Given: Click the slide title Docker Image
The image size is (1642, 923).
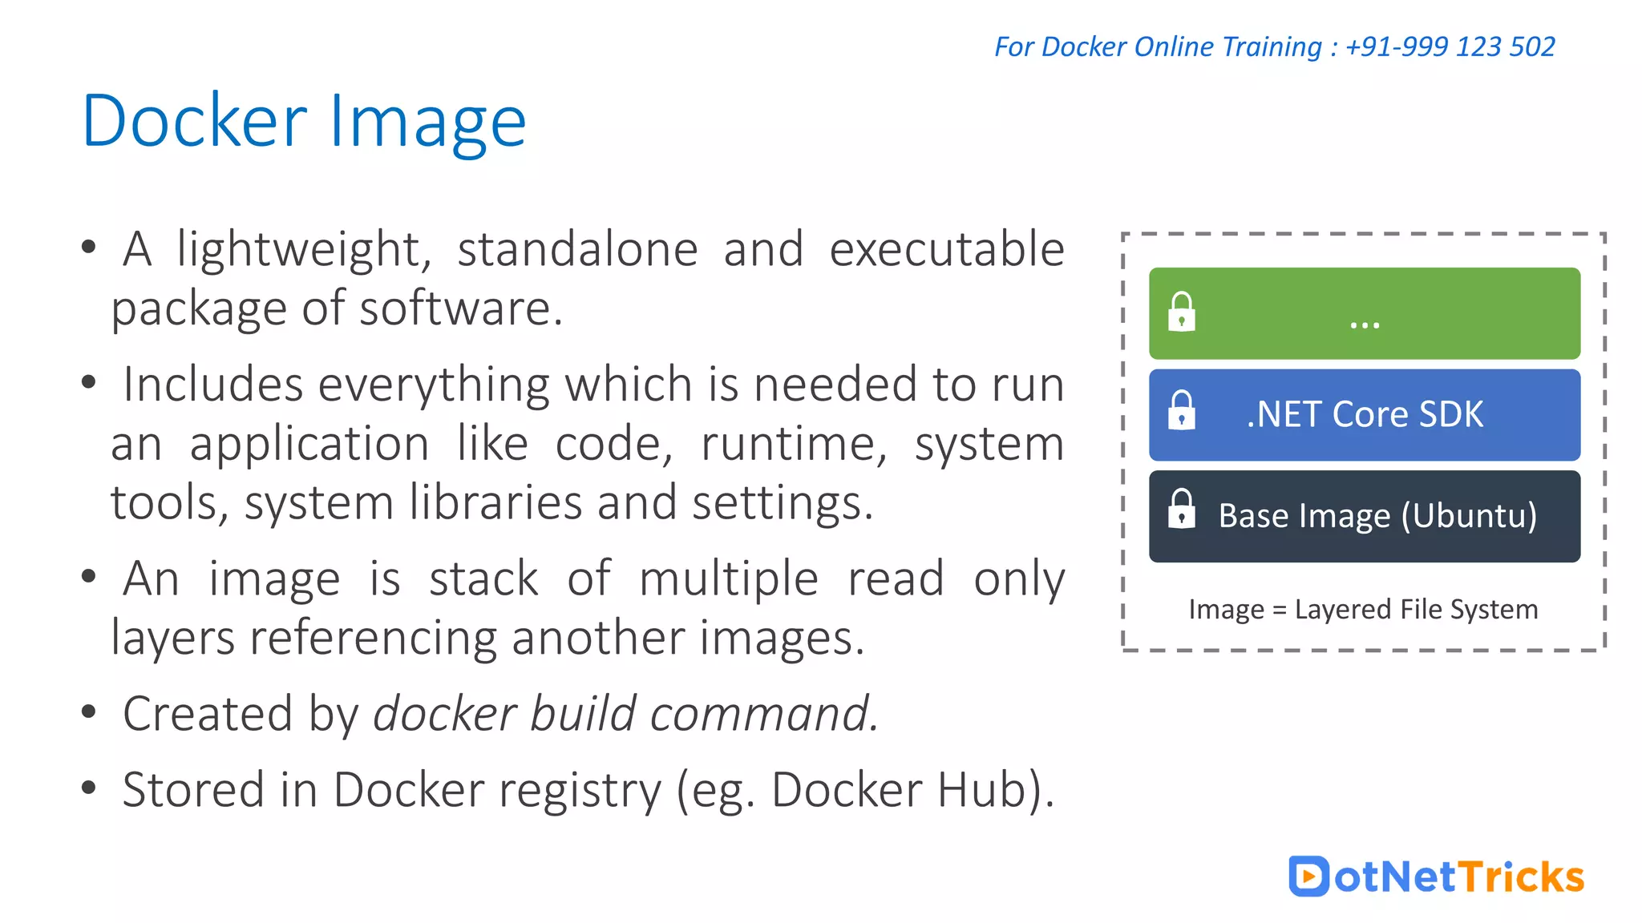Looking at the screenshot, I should (304, 122).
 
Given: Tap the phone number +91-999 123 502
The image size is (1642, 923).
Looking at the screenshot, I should (1450, 46).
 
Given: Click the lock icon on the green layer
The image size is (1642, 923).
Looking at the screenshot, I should (1182, 312).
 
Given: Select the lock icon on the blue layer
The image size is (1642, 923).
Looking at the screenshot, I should (1182, 411).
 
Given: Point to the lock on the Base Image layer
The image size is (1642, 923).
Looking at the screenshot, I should (1182, 510).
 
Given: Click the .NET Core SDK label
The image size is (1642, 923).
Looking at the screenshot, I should (1365, 414).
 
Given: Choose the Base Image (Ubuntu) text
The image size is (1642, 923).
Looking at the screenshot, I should (1377, 515).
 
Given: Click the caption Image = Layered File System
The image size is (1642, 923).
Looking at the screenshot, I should (1363, 609).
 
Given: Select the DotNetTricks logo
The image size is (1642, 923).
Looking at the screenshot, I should (1436, 876).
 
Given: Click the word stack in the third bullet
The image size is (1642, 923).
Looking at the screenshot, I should (483, 578).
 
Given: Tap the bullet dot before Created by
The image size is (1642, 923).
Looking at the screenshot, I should (89, 711).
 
